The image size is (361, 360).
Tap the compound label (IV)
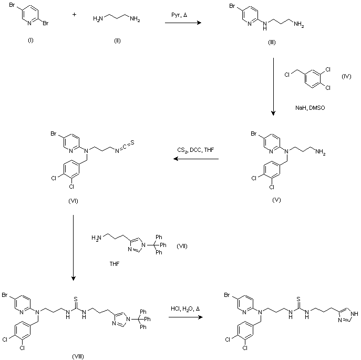pos(346,76)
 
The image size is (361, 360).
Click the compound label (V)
pos(277,200)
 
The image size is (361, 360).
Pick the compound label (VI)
pos(74,200)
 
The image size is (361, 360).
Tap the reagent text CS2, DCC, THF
pos(195,151)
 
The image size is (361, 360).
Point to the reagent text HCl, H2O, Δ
pos(185,308)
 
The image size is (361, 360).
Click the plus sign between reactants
pos(74,15)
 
